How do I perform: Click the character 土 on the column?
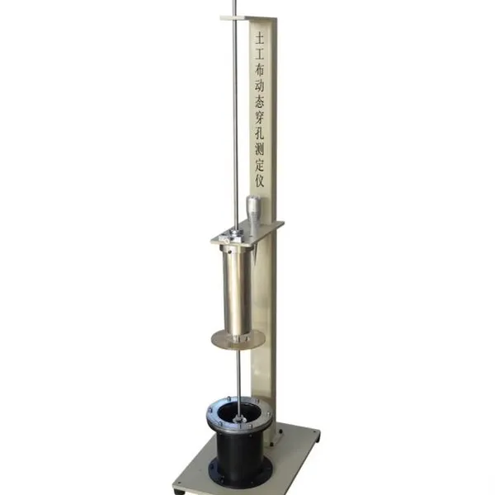pos(260,39)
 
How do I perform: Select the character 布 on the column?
pos(260,70)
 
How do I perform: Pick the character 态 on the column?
pos(260,102)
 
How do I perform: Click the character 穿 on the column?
pos(260,118)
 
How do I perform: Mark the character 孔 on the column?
pos(260,134)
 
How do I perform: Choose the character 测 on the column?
pos(260,149)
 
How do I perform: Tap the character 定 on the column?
pos(260,166)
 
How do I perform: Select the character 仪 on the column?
pos(260,181)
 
